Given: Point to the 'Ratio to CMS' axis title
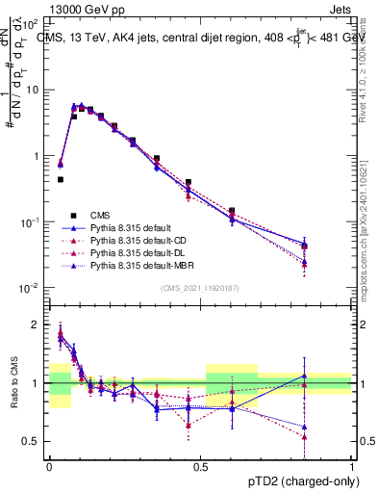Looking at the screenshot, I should tap(13, 382).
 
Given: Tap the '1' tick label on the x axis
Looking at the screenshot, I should tap(352, 465).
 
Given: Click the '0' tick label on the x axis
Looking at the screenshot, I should tap(49, 465).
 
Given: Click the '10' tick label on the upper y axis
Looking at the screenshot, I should tap(33, 90).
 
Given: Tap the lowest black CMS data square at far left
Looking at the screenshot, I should tap(60, 179).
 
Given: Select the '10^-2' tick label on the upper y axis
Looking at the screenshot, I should tap(31, 289).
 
